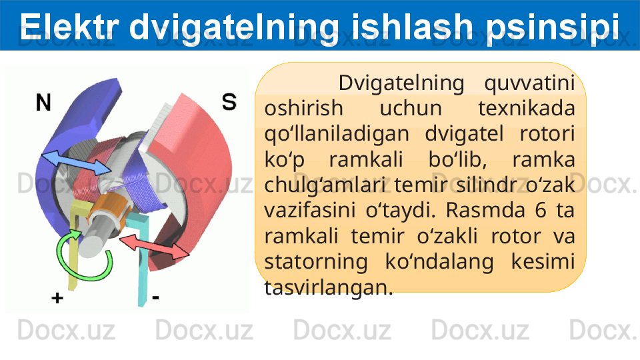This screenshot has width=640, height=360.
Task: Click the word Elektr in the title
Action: click(x=69, y=26)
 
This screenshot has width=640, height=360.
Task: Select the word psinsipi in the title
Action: click(x=552, y=29)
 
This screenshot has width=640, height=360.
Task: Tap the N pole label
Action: click(x=43, y=103)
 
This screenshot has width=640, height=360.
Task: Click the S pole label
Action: click(x=229, y=101)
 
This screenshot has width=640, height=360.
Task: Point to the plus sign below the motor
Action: click(x=57, y=298)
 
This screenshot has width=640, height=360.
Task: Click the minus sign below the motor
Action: click(x=155, y=297)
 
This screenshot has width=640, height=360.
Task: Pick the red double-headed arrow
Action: click(x=154, y=246)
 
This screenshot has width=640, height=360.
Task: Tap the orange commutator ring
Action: click(x=107, y=209)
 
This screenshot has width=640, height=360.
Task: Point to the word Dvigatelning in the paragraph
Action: click(x=401, y=84)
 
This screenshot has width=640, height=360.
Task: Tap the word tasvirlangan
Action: click(x=329, y=288)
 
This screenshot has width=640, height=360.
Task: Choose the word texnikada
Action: click(x=526, y=109)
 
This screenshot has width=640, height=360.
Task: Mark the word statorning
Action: click(x=316, y=262)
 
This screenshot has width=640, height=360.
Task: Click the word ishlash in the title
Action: click(x=411, y=26)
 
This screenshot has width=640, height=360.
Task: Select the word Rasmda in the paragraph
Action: click(x=485, y=210)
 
